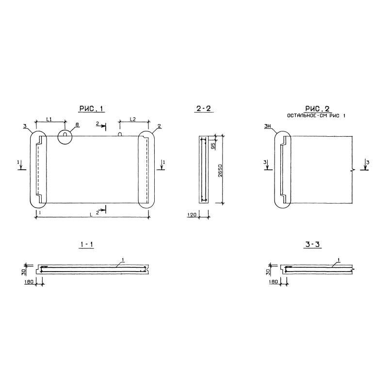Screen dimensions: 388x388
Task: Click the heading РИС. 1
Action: (x=91, y=108)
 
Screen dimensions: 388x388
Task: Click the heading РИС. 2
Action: (x=318, y=108)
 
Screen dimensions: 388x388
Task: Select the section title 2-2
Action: (x=203, y=108)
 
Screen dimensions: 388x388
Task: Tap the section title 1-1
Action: (x=86, y=244)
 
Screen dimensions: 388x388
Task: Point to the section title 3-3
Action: (x=312, y=244)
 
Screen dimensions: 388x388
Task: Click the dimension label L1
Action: (x=49, y=119)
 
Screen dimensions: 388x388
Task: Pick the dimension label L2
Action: (x=132, y=119)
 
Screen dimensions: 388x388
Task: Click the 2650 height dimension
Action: (x=220, y=170)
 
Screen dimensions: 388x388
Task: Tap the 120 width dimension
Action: (x=192, y=214)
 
